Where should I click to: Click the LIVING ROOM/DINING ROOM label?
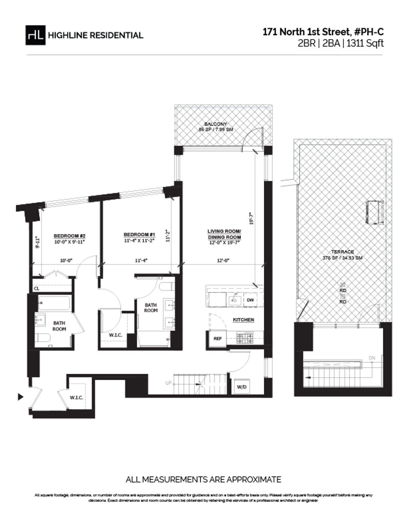pyautogui.click(x=224, y=234)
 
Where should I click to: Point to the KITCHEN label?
pyautogui.click(x=243, y=320)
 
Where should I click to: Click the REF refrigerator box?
pyautogui.click(x=217, y=339)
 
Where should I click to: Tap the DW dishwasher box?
pyautogui.click(x=250, y=300)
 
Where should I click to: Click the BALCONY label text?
pyautogui.click(x=216, y=124)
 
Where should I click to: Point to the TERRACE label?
pyautogui.click(x=343, y=252)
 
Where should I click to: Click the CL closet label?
pyautogui.click(x=36, y=289)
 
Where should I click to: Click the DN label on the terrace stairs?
pyautogui.click(x=372, y=358)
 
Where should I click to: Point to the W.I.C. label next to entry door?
pyautogui.click(x=76, y=398)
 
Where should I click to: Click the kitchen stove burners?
pyautogui.click(x=244, y=338)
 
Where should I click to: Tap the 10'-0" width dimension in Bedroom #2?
pyautogui.click(x=66, y=260)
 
